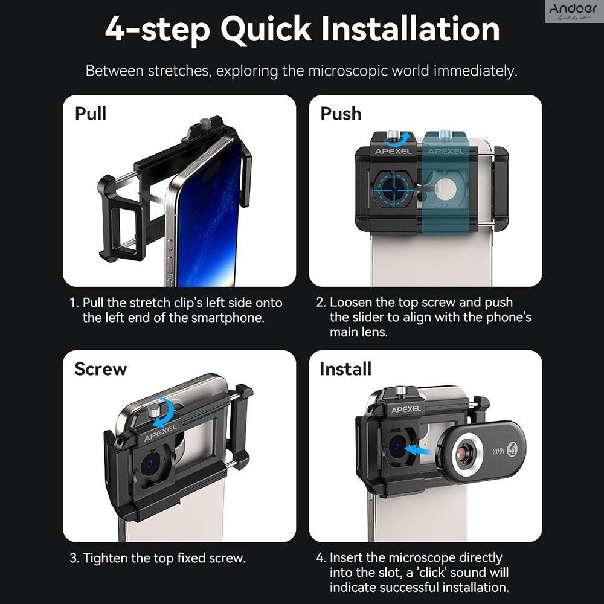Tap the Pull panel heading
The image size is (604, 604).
coord(91,114)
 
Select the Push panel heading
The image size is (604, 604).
coord(341,114)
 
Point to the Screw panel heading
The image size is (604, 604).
coord(100,369)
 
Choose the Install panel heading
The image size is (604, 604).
coord(345,369)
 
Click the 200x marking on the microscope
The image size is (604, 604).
coord(498,451)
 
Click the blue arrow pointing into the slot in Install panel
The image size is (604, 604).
coord(421,449)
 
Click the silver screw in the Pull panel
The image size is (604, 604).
coord(207,126)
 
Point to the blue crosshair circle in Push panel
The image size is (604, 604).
coord(393,188)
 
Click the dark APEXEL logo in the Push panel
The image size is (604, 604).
coord(393,152)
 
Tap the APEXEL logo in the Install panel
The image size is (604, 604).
coord(406,410)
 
